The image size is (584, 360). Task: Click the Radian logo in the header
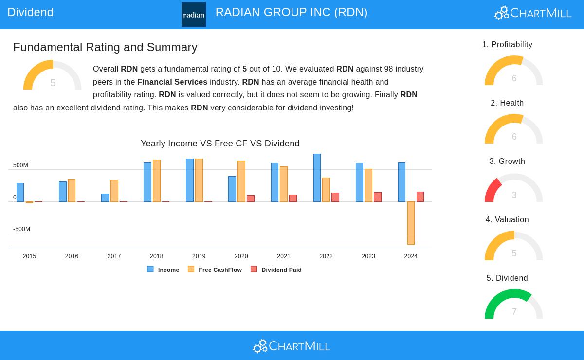193,15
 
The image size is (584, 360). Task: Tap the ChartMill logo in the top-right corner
533,13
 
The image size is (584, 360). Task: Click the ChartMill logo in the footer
292,346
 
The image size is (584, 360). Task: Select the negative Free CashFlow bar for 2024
411,223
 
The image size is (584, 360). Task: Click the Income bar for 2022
317,178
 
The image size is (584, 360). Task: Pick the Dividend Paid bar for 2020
251,198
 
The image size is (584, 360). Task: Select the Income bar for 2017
105,198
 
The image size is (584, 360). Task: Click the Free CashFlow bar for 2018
157,180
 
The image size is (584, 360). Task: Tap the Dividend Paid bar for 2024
420,197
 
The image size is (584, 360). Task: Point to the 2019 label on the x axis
199,256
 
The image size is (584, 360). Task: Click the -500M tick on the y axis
21,229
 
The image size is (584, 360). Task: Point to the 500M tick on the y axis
20,165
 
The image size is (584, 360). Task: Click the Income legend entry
164,270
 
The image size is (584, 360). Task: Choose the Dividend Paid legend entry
276,270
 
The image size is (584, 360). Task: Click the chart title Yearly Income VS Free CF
220,144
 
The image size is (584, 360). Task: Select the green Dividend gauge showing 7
513,305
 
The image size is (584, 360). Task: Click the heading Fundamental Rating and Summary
105,47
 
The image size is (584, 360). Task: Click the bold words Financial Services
172,82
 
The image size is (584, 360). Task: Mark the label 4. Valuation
507,220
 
